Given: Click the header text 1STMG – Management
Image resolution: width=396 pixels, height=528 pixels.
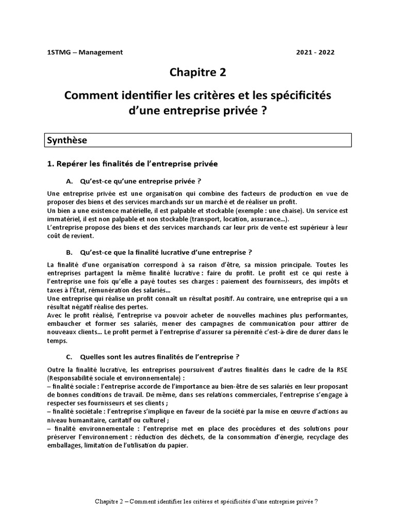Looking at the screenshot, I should coord(85,52).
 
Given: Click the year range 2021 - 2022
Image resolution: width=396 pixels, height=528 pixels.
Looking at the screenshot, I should coord(318,52).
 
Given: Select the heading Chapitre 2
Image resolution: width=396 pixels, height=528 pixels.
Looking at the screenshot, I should coord(197,73).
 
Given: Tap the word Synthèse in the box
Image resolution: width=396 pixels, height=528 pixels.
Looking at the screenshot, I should coord(67,140).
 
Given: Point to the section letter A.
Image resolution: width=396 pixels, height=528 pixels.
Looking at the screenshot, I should coord(69,181).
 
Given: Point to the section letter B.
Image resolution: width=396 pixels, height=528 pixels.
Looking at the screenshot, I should coord(69,252).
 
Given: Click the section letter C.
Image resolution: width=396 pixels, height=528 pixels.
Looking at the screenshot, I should coord(69,356).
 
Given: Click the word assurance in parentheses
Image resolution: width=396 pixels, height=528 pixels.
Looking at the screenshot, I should coord(253,219).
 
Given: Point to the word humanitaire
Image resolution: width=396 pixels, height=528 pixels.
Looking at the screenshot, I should coord(82,420).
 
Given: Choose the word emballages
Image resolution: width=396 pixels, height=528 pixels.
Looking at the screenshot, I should coord(65,445).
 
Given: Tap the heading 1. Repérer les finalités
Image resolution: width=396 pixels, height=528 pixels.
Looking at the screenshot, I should coord(132,164).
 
